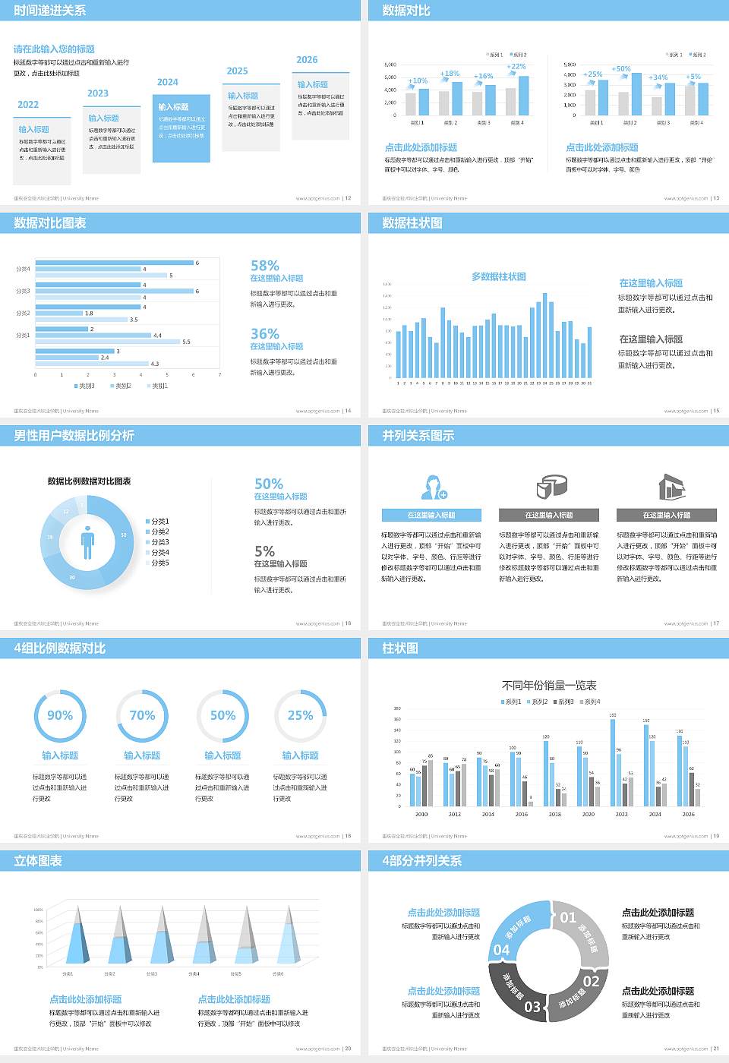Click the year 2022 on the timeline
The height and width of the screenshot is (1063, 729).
pos(28,105)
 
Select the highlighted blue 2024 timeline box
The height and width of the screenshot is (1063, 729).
pos(181,128)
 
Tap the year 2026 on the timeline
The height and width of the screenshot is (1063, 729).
pos(307,60)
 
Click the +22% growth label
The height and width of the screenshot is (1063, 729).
pos(516,67)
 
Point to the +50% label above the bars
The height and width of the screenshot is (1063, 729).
pos(621,69)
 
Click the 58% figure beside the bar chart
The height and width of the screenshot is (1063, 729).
pos(265,266)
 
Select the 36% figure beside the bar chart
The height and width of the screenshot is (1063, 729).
pos(265,334)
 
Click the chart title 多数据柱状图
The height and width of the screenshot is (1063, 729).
pos(498,276)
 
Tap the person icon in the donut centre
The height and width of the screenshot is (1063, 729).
pos(87,542)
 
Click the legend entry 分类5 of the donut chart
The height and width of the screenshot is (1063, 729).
pos(159,563)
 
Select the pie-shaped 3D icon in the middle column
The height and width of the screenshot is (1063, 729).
pos(551,487)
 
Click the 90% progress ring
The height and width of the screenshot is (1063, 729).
pos(60,715)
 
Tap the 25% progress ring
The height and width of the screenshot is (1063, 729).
pos(300,715)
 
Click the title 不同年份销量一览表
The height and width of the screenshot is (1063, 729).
pos(549,685)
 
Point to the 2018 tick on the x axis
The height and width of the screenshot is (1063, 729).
pos(555,814)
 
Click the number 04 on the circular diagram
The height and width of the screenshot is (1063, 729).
pos(501,950)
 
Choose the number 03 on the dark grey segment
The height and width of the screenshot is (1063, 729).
pos(532,1007)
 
